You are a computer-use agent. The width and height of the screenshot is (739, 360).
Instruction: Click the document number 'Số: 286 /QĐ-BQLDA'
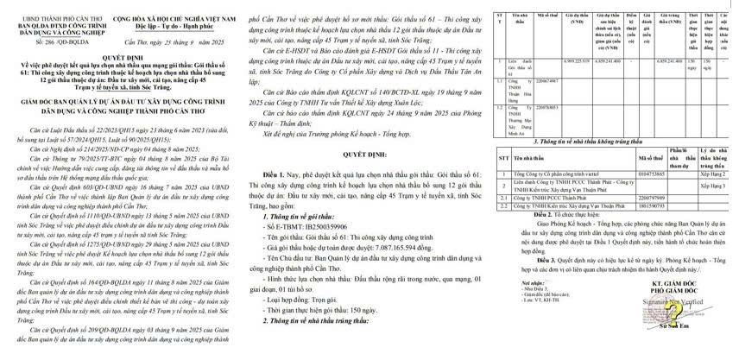(37, 41)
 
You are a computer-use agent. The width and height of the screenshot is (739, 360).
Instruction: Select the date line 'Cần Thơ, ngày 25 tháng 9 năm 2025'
(173, 41)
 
